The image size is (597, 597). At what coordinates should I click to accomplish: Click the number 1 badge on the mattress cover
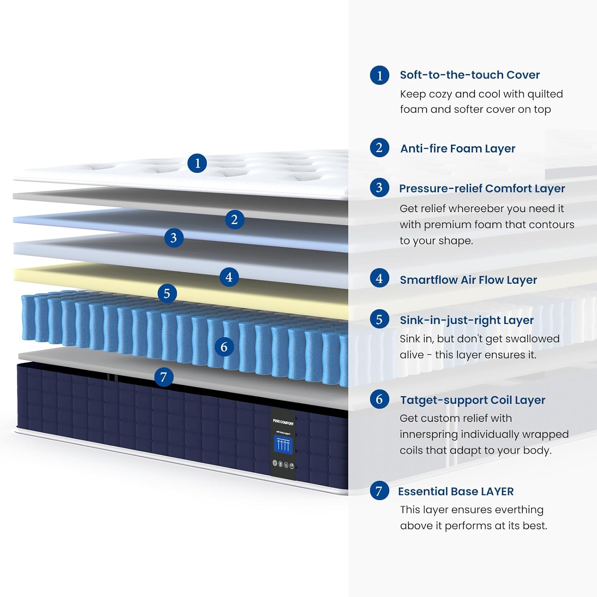(x=197, y=163)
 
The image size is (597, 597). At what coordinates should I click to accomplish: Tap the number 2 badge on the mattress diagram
(x=234, y=219)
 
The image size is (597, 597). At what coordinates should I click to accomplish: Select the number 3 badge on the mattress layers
(x=174, y=238)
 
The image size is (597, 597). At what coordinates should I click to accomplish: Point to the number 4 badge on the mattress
(x=229, y=277)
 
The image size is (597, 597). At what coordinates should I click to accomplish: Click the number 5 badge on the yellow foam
(x=167, y=293)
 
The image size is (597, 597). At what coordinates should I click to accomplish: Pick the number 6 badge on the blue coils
(x=224, y=347)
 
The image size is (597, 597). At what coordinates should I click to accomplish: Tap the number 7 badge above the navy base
(x=164, y=377)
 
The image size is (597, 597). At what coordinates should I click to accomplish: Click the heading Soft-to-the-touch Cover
(x=470, y=75)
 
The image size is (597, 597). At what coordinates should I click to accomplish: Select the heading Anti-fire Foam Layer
(x=458, y=148)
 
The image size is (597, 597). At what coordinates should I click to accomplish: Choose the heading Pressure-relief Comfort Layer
(x=482, y=188)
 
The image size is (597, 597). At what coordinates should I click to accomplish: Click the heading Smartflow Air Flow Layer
(x=468, y=280)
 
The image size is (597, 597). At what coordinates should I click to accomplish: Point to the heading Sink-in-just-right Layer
(x=466, y=320)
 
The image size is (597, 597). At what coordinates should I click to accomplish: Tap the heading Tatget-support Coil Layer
(x=472, y=400)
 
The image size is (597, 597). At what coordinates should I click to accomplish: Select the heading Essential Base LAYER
(x=456, y=492)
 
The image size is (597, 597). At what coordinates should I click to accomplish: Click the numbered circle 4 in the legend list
(x=379, y=279)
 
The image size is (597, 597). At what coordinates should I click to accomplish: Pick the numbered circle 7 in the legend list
(x=379, y=491)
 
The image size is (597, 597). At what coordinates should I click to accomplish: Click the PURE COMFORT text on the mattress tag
(x=283, y=422)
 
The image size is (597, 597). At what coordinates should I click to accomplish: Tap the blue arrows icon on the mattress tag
(x=283, y=445)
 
